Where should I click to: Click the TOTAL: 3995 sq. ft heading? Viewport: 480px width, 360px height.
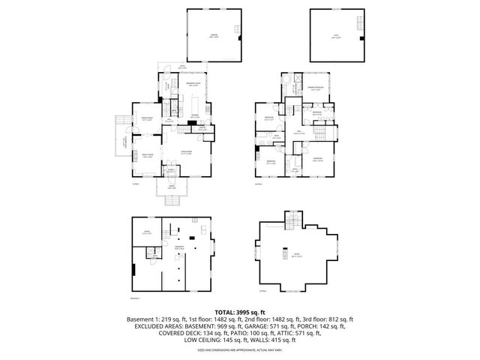[239, 312]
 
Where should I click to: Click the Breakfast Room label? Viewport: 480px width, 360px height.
[191, 85]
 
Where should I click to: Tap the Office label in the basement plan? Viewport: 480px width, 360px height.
[147, 233]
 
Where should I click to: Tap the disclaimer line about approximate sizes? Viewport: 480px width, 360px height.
[239, 349]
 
